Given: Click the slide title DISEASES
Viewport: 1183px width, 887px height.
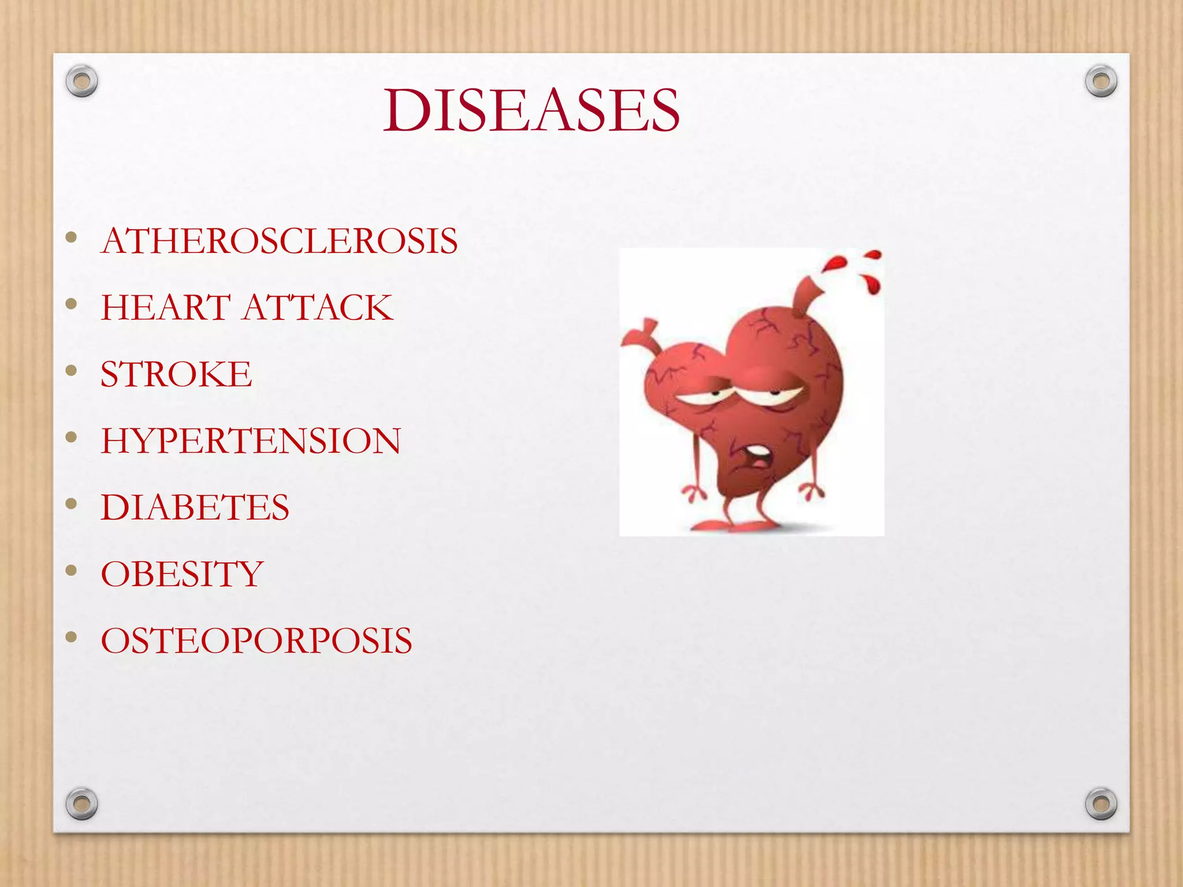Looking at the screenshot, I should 531,110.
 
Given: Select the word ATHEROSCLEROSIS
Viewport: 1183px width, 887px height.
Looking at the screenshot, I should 280,240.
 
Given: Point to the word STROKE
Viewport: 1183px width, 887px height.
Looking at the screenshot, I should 176,374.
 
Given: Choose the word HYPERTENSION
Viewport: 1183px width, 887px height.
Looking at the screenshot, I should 251,441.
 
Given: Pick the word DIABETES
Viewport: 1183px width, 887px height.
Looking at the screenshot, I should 195,507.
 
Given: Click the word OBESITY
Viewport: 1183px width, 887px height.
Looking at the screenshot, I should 182,574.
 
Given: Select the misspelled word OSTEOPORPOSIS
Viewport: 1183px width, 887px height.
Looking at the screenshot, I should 256,640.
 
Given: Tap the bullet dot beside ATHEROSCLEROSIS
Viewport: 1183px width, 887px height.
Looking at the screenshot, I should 72,237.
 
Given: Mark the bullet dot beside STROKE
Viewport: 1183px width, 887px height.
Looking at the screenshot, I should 72,370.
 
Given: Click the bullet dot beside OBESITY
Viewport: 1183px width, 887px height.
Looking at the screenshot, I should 72,571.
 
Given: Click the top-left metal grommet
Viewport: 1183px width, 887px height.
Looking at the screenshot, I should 82,81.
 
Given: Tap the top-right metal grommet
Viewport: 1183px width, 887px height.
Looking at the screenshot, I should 1101,81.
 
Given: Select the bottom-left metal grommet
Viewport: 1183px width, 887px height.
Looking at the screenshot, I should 82,803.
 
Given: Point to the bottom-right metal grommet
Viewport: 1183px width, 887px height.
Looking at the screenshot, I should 1101,803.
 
